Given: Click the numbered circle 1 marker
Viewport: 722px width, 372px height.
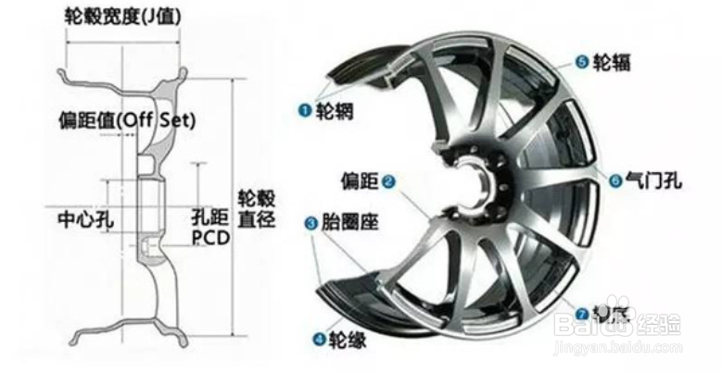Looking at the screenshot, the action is point(302,109).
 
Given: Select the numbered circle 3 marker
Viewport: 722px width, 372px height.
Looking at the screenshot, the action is point(311,223).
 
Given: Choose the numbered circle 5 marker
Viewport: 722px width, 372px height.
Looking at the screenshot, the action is point(582,62).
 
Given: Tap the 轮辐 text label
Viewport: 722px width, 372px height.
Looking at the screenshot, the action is point(614,62).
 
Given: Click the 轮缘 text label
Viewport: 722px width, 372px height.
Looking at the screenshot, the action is point(348,340).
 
